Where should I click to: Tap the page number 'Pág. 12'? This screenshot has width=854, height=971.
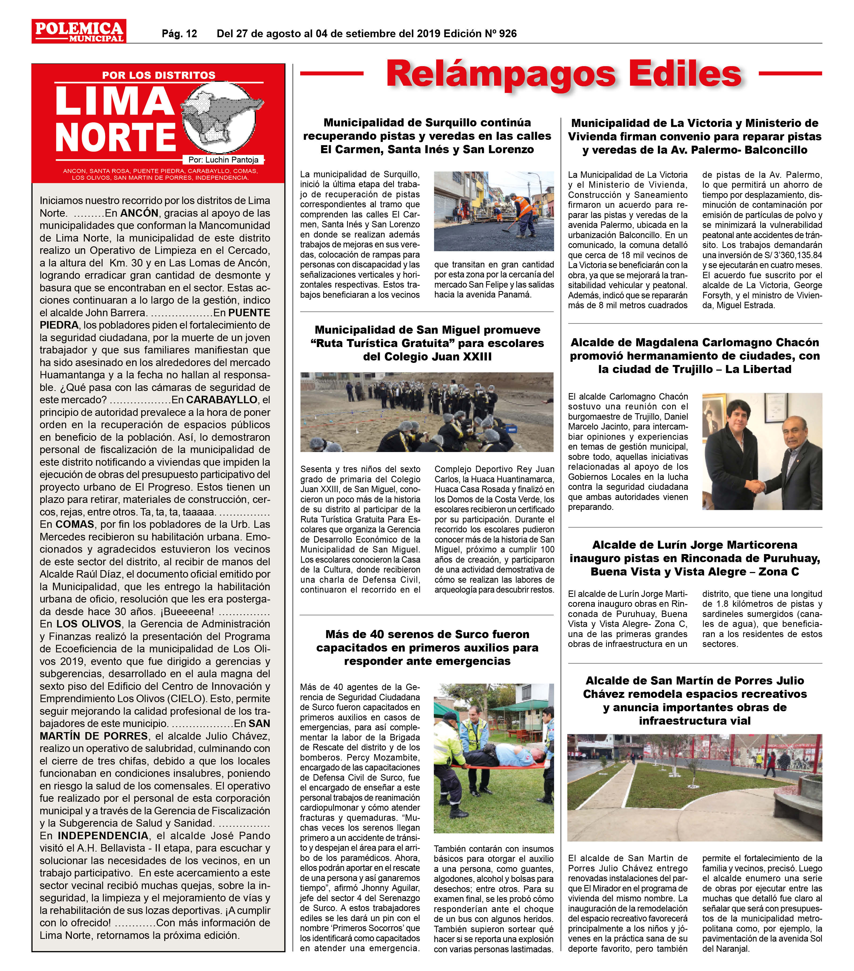point(179,34)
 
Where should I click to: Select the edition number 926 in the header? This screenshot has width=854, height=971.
point(508,34)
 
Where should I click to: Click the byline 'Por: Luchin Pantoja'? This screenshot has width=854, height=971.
point(223,160)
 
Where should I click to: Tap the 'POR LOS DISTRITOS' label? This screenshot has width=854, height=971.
point(159,75)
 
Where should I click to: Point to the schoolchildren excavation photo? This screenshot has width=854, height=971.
point(427,412)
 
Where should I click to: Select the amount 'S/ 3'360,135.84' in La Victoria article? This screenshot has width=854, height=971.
point(792,255)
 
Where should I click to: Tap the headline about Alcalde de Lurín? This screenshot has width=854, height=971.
point(694,558)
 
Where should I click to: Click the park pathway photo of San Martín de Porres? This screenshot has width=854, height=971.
point(694,788)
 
